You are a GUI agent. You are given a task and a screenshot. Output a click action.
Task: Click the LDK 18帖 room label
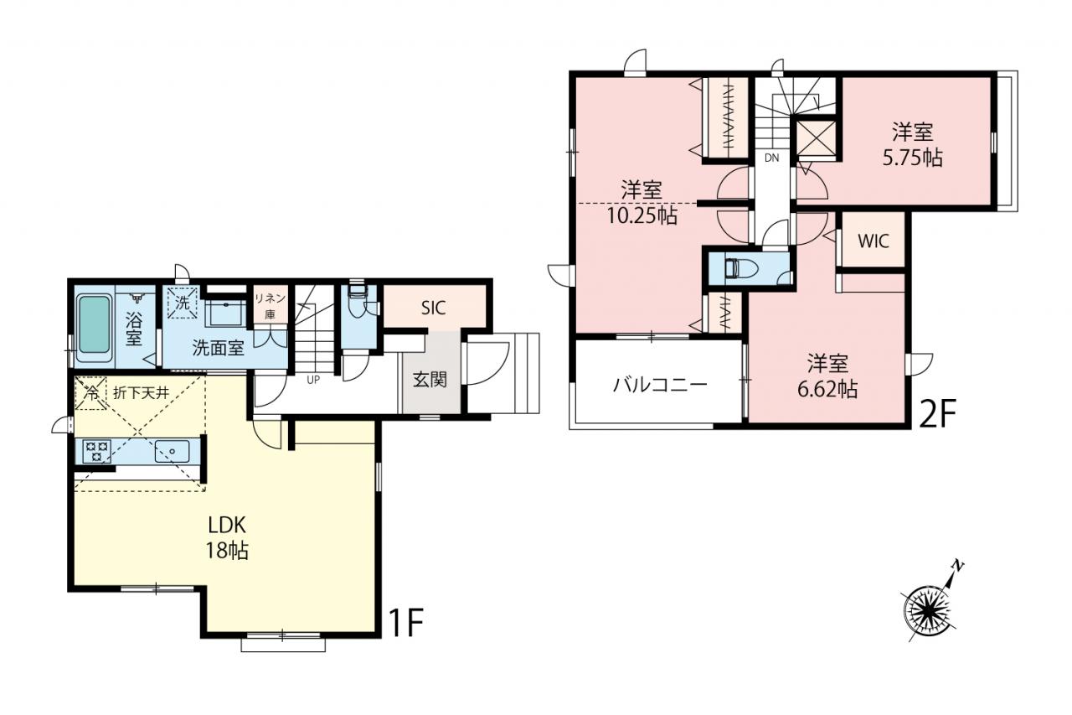click(227, 538)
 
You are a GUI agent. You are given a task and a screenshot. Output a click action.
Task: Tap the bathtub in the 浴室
click(94, 324)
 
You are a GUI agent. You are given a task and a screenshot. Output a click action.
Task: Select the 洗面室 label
click(219, 348)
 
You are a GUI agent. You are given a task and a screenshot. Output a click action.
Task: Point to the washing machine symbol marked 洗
click(183, 303)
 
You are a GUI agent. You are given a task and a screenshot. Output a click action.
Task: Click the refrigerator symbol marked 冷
click(90, 394)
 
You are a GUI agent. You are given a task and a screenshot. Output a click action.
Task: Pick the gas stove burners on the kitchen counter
click(97, 451)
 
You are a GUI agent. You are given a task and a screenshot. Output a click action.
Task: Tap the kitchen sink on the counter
click(172, 451)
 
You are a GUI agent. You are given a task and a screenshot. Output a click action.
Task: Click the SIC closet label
click(434, 308)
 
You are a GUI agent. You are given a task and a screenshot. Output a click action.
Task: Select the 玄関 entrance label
click(430, 380)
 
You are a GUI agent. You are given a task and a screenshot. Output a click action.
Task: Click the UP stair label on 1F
click(313, 381)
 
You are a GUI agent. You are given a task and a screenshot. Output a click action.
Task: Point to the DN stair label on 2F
click(771, 158)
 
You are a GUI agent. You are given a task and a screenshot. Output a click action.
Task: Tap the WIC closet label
click(874, 241)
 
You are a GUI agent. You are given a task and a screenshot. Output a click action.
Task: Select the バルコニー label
click(660, 385)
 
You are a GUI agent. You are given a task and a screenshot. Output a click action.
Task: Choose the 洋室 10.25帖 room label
click(642, 203)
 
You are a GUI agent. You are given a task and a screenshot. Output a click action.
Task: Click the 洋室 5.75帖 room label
click(913, 145)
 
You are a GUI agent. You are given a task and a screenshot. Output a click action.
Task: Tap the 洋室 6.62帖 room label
click(827, 376)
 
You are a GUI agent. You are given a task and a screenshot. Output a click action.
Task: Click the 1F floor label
click(407, 622)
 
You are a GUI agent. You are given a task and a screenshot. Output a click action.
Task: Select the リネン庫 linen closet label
click(270, 307)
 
